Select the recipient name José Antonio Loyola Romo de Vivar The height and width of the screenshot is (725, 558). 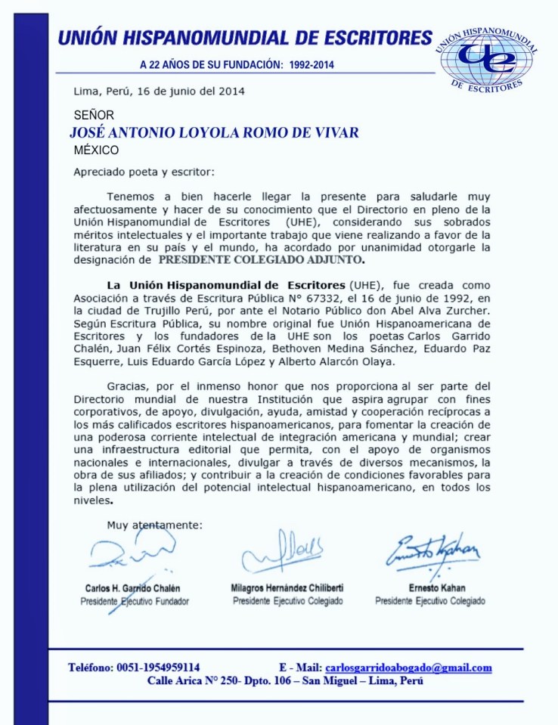pos(213,133)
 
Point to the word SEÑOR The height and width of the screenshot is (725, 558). pos(95,116)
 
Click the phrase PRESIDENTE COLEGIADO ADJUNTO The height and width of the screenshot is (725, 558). pos(260,260)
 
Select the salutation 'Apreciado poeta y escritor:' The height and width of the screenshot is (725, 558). pos(144,172)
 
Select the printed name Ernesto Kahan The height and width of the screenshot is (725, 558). pos(430,588)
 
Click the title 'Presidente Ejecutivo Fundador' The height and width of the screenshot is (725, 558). pos(135,602)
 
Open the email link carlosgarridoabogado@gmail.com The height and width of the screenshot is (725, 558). pos(408,668)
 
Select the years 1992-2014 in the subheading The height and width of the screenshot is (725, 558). pos(312,64)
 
